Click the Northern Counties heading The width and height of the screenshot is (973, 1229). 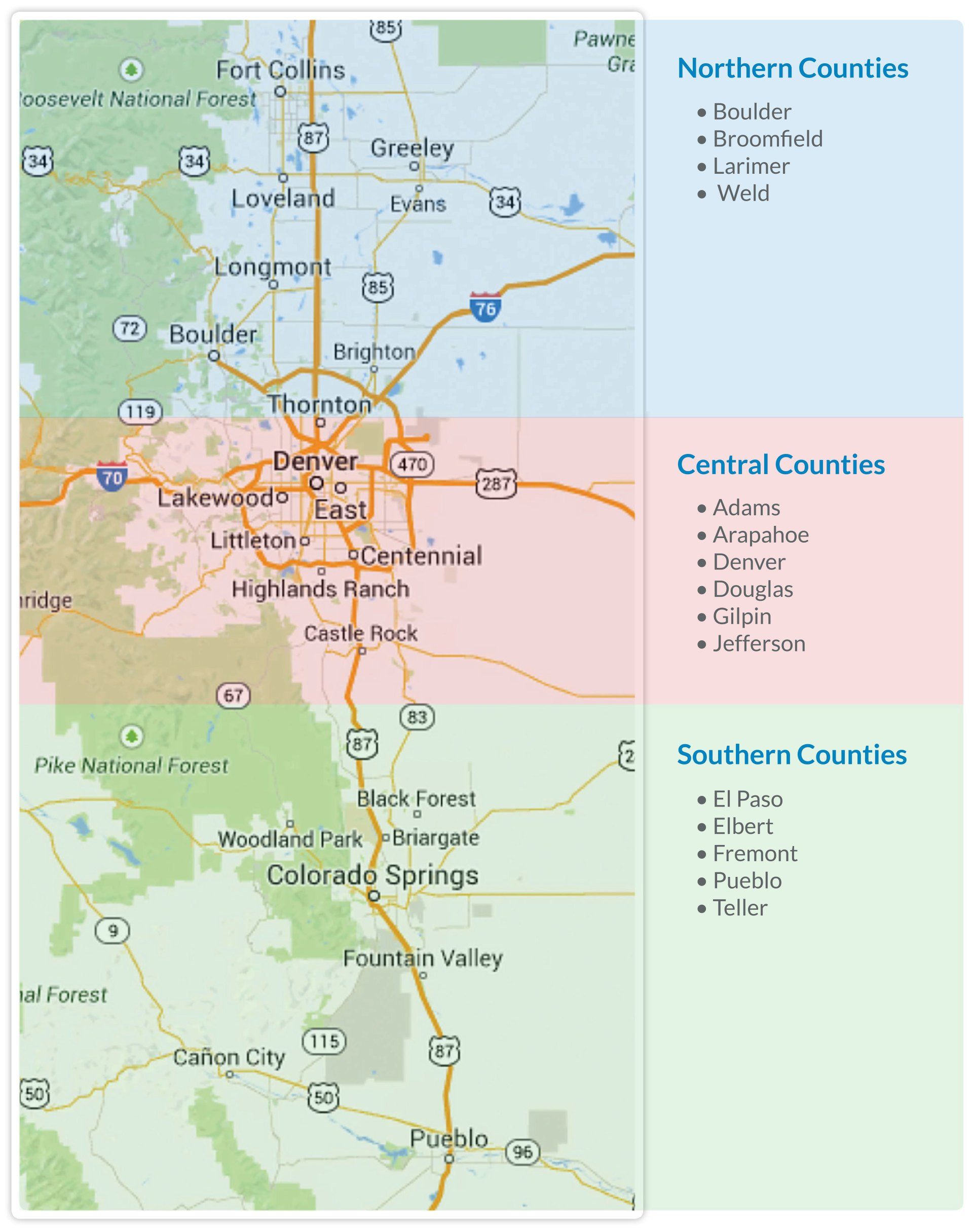(793, 68)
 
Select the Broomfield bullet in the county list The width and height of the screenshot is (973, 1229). (767, 139)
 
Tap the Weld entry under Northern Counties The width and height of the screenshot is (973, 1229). (743, 194)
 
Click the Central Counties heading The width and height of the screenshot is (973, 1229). (780, 465)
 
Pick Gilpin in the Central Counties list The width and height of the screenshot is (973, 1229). (742, 616)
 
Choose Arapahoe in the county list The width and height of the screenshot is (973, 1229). (761, 535)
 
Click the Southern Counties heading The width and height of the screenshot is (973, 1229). (791, 755)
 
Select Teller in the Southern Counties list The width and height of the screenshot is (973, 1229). (740, 908)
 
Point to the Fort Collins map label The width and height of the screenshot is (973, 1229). (280, 70)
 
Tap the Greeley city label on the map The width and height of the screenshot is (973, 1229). (413, 148)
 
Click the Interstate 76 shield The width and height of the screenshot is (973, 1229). (485, 308)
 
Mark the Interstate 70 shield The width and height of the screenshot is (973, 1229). (111, 476)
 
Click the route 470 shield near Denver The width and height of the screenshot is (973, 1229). (412, 464)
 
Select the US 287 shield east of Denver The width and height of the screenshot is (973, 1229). (496, 484)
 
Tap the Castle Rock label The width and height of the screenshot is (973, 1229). (361, 633)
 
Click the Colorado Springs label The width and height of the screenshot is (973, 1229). (372, 875)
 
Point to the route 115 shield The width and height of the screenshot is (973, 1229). (324, 1041)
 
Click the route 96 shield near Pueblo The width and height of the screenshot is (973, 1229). (522, 1152)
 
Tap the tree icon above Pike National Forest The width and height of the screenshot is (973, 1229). (132, 737)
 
